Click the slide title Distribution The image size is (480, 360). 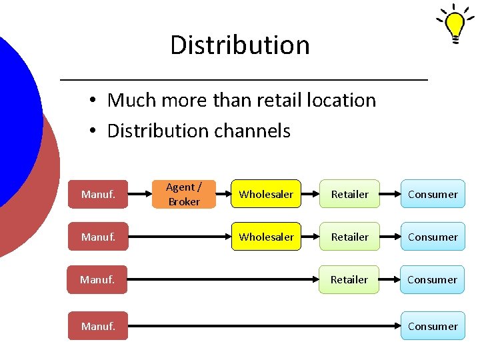pyautogui.click(x=240, y=45)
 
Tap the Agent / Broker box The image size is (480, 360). pyautogui.click(x=183, y=194)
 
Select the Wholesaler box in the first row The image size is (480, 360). pyautogui.click(x=266, y=194)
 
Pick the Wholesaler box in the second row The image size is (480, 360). pyautogui.click(x=266, y=237)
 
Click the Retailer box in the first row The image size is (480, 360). pyautogui.click(x=349, y=194)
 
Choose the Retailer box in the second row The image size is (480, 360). pyautogui.click(x=349, y=237)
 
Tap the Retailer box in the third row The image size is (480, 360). pyautogui.click(x=349, y=279)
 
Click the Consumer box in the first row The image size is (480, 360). pyautogui.click(x=433, y=194)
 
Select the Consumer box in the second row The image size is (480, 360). pyautogui.click(x=433, y=237)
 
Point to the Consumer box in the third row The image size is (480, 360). pyautogui.click(x=433, y=279)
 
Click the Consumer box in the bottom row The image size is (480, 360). pyautogui.click(x=433, y=326)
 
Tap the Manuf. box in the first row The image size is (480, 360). pyautogui.click(x=97, y=194)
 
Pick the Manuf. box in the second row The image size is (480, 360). pyautogui.click(x=97, y=237)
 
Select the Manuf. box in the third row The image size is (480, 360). pyautogui.click(x=97, y=279)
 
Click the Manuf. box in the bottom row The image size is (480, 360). pyautogui.click(x=97, y=326)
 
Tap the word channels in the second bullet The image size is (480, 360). pyautogui.click(x=251, y=131)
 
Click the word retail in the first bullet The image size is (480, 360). pyautogui.click(x=270, y=100)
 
